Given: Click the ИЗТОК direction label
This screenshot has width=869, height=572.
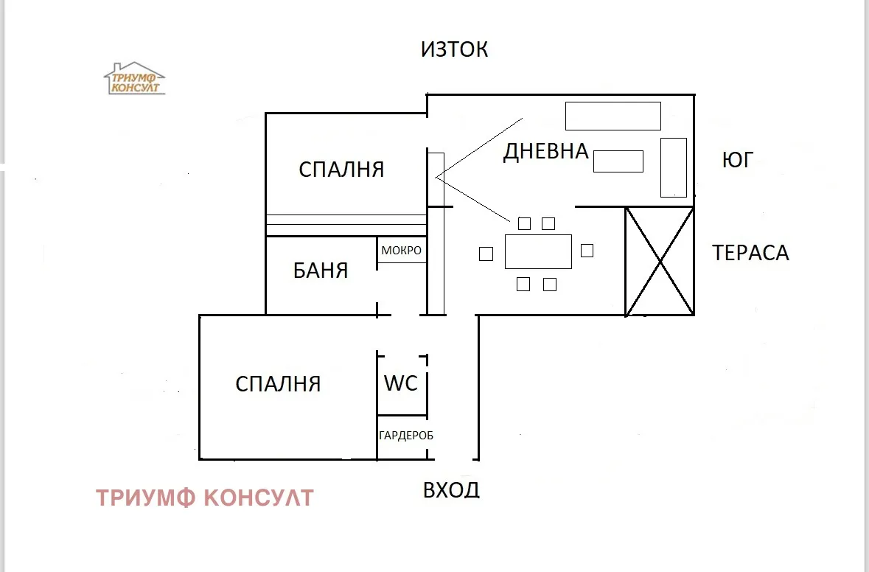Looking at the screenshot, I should point(454,49).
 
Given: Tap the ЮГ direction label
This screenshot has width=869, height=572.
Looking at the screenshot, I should point(737,160).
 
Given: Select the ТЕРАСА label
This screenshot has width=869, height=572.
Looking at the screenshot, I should point(750,253).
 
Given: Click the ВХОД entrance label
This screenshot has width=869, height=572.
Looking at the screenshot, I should point(451,489).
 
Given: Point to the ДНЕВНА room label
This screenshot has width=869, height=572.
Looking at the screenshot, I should point(545,151).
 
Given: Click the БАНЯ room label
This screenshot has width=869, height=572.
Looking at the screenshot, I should point(321,271).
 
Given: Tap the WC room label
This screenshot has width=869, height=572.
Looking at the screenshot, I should point(401,383).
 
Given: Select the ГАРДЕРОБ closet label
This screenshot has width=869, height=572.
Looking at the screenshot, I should point(405,436).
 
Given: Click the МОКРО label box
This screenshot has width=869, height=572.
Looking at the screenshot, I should point(401,251).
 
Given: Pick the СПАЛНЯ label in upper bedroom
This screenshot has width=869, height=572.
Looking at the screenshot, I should point(341,170).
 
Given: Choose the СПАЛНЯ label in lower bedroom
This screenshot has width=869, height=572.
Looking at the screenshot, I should point(278,384).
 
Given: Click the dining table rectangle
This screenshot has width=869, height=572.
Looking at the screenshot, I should point(538,251).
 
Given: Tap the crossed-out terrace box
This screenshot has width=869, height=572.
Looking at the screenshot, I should point(660,262).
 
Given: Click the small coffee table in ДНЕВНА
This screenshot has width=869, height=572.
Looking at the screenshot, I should point(618,161).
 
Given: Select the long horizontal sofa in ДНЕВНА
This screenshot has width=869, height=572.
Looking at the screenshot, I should point(613,116).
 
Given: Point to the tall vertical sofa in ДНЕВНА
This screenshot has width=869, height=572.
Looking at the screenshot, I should point(673,167).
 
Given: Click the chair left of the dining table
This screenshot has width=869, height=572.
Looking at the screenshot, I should point(486,254).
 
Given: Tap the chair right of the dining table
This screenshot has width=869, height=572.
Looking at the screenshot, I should point(587,251).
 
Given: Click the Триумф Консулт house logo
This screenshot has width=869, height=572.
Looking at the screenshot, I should point(134,79).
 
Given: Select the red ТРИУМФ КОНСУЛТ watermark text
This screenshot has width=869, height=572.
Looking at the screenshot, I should point(205,498).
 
